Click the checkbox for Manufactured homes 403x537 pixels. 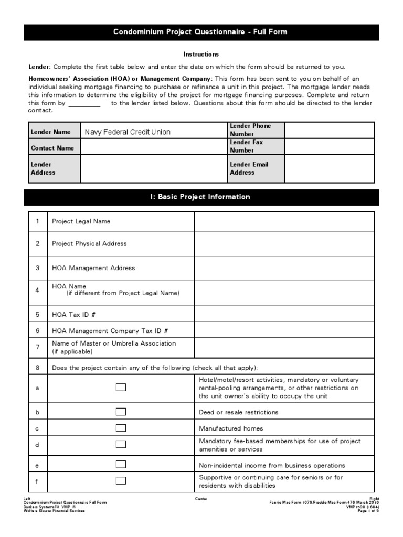tap(121, 428)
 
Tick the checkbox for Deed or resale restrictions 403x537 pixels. tap(121, 412)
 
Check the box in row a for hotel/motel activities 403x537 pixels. tap(121, 388)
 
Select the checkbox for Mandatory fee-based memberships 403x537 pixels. tap(121, 445)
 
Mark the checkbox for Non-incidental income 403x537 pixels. tap(121, 465)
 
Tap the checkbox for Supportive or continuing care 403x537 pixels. tap(121, 480)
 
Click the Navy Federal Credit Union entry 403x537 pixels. tap(128, 132)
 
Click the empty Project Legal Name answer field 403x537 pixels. tap(284, 221)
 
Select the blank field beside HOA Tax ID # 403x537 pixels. tap(284, 314)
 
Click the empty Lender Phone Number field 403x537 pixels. tap(329, 130)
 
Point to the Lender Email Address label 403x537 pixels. tap(249, 168)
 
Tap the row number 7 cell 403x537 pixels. tap(37, 347)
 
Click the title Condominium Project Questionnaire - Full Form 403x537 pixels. tap(200, 32)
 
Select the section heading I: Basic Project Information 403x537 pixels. tap(200, 197)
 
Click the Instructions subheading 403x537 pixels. tap(201, 54)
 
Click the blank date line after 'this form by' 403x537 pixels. tap(84, 104)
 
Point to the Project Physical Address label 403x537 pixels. tap(89, 244)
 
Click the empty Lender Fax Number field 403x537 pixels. tap(329, 147)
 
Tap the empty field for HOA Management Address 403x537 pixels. tap(284, 268)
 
